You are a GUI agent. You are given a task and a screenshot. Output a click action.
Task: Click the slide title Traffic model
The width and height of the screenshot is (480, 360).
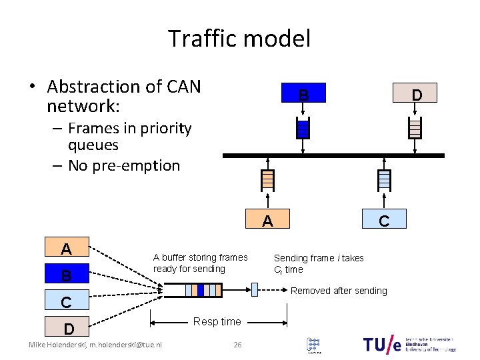click(x=239, y=38)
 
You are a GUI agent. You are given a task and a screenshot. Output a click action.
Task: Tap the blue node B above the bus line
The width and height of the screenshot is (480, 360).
click(x=303, y=95)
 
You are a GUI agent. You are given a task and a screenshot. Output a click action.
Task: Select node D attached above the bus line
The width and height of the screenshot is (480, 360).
click(x=416, y=95)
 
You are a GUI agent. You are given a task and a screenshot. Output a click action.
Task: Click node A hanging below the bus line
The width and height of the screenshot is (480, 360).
click(x=267, y=221)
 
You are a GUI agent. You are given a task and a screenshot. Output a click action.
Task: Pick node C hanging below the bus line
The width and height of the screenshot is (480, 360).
click(x=384, y=221)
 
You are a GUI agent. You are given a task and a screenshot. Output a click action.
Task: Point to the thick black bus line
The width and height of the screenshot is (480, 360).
click(x=333, y=155)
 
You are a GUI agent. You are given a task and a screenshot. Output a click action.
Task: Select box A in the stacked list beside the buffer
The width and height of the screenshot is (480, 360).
click(x=66, y=249)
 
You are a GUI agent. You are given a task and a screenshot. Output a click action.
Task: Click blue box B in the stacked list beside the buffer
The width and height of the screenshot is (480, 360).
click(x=66, y=275)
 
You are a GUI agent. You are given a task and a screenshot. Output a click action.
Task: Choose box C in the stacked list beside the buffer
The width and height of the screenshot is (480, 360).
click(x=66, y=301)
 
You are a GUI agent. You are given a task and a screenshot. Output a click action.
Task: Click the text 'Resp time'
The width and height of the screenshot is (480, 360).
click(x=217, y=322)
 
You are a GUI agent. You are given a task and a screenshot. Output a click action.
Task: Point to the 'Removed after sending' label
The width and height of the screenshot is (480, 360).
click(x=339, y=291)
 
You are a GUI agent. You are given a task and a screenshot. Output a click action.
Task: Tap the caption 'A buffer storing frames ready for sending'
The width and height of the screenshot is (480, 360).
click(x=200, y=263)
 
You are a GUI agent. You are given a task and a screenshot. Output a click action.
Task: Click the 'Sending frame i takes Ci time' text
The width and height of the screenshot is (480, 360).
click(x=319, y=264)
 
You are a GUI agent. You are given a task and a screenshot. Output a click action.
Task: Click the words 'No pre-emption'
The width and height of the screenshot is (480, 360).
click(x=124, y=165)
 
